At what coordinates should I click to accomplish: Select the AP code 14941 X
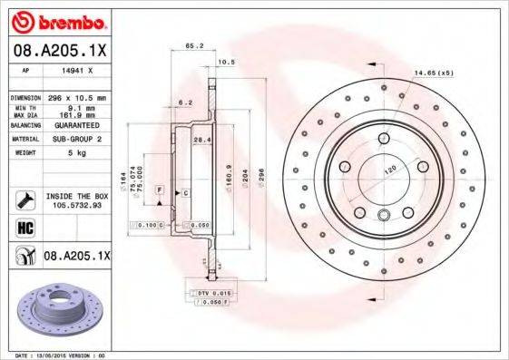(72, 69)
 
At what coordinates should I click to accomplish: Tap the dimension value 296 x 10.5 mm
(75, 96)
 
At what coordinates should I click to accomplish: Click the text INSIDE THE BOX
(76, 196)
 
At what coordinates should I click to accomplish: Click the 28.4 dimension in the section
(203, 139)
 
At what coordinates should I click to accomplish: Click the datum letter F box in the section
(159, 188)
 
